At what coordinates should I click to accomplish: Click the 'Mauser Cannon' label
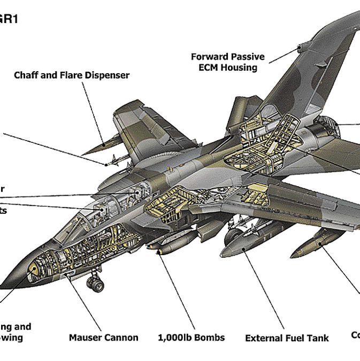pyautogui.click(x=103, y=337)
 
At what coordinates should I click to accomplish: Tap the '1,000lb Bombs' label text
pyautogui.click(x=191, y=337)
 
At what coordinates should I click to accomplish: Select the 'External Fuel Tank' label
pyautogui.click(x=287, y=338)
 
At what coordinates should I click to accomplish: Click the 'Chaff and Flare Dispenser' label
pyautogui.click(x=72, y=75)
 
